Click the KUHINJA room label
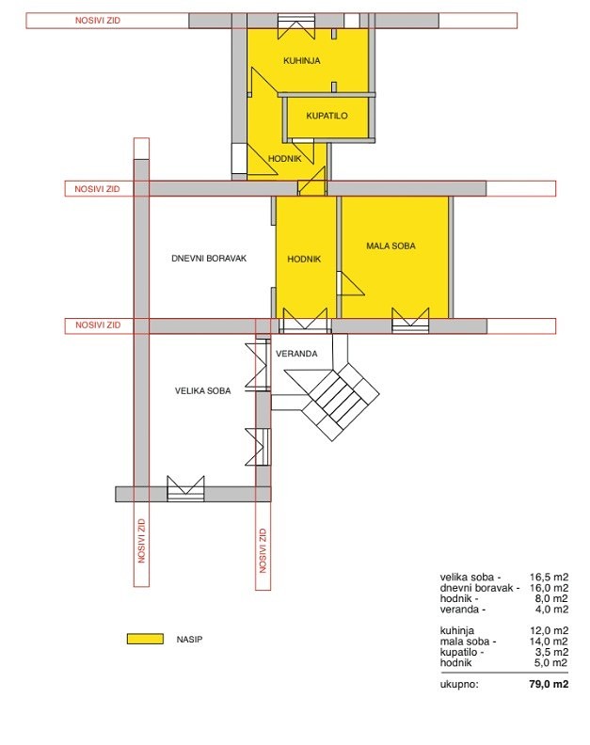click(x=302, y=61)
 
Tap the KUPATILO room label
click(x=327, y=116)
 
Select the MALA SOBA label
click(x=391, y=246)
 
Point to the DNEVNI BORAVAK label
click(x=209, y=259)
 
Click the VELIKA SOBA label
click(x=203, y=391)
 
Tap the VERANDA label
click(x=296, y=354)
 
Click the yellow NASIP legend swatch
click(x=145, y=639)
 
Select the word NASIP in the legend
click(x=189, y=640)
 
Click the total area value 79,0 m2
click(x=549, y=684)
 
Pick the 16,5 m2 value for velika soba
click(x=550, y=578)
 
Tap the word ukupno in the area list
click(x=459, y=685)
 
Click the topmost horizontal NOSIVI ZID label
click(x=98, y=21)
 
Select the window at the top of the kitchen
click(x=296, y=27)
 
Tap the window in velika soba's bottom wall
click(x=186, y=489)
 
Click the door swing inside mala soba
click(x=351, y=284)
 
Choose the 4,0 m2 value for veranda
click(x=551, y=610)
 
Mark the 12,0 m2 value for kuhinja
click(x=550, y=630)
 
